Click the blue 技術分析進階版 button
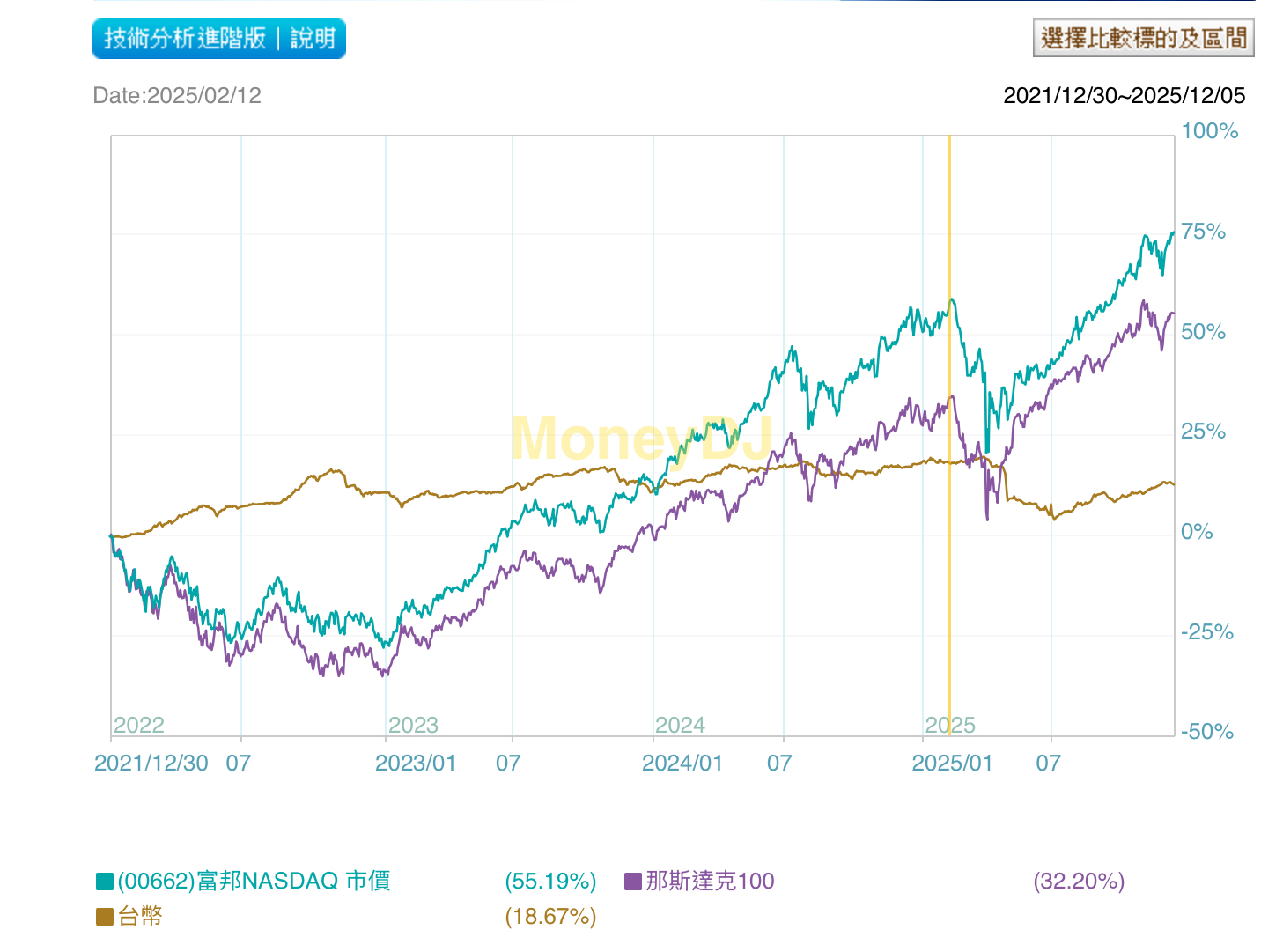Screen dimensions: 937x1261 click(218, 39)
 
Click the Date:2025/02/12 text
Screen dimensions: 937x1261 click(177, 95)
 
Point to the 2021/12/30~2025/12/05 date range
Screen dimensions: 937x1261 click(1124, 95)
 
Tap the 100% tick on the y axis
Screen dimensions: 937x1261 click(1209, 131)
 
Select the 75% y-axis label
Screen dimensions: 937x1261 click(1203, 232)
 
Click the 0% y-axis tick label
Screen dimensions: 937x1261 click(1197, 532)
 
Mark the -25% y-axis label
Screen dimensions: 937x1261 click(1206, 632)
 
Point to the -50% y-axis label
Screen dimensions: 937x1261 click(1206, 732)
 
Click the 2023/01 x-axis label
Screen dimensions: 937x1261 click(416, 763)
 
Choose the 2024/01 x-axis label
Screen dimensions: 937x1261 click(682, 763)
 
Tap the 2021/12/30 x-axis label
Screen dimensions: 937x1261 click(151, 763)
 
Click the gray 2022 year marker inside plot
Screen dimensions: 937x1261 click(139, 725)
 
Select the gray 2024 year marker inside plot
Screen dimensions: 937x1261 click(680, 725)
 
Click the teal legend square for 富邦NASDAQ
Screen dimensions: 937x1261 click(105, 882)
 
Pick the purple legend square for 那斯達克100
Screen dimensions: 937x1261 click(632, 882)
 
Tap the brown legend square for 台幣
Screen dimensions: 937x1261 click(105, 917)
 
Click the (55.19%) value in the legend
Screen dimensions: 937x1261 click(550, 882)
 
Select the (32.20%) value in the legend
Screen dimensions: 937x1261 click(1079, 882)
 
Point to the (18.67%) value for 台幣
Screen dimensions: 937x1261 click(550, 917)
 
